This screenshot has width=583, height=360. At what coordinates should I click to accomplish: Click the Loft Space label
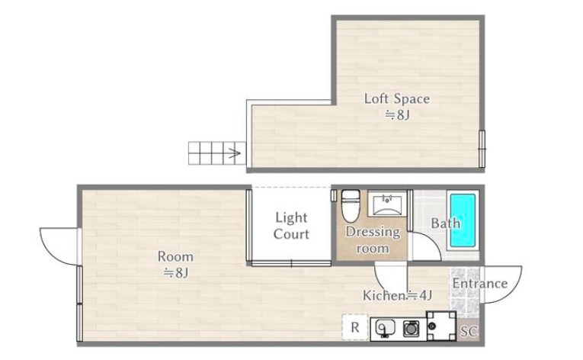397,99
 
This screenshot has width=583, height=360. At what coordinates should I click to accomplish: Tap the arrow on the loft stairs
234,153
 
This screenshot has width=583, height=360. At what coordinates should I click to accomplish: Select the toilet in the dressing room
351,205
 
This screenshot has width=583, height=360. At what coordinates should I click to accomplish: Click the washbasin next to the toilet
387,204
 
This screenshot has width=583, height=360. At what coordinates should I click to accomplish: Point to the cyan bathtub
463,220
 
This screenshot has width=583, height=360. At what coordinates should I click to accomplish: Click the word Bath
445,223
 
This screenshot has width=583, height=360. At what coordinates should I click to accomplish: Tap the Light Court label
291,226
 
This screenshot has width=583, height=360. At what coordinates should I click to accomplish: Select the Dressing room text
373,239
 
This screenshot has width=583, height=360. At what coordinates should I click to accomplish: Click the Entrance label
480,283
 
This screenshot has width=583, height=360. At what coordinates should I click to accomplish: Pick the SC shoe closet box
469,331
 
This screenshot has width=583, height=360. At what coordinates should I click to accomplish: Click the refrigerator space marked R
355,327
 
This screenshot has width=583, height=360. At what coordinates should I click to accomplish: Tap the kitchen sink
385,329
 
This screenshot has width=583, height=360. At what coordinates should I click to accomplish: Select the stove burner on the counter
412,329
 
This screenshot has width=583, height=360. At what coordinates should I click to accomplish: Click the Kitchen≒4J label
398,296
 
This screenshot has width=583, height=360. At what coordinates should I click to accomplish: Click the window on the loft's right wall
482,149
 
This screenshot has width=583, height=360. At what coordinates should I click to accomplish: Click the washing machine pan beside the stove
441,326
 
